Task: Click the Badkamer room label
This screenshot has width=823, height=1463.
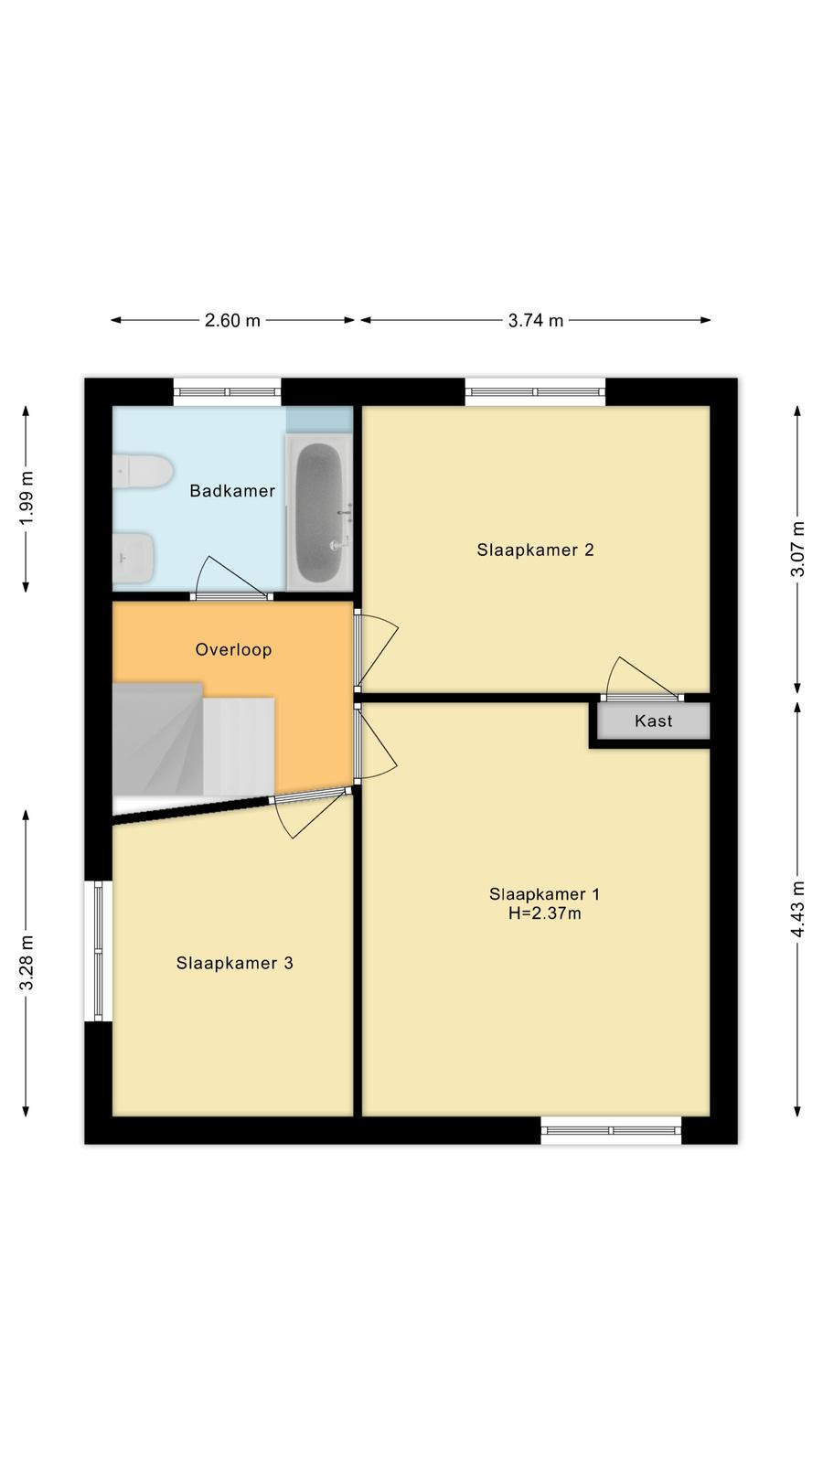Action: [x=232, y=490]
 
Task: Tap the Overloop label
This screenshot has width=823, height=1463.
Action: [x=233, y=650]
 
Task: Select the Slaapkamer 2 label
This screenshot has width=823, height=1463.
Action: [x=536, y=550]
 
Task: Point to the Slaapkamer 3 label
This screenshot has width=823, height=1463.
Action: [x=234, y=963]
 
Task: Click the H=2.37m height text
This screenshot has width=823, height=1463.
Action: [x=545, y=913]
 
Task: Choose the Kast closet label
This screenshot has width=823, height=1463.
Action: [x=653, y=721]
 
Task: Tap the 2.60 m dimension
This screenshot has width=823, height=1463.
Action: [x=232, y=321]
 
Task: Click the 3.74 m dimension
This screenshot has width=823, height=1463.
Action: [x=536, y=321]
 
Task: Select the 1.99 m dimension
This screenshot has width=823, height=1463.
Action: [x=27, y=497]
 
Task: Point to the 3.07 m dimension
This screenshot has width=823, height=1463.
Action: [x=797, y=550]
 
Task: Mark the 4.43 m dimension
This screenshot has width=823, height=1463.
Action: [x=797, y=909]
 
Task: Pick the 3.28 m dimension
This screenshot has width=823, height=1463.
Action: [x=27, y=963]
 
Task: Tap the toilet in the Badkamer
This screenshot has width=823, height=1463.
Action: [x=143, y=470]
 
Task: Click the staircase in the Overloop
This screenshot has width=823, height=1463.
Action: [x=193, y=740]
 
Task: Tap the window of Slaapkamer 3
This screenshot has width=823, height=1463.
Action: [x=99, y=950]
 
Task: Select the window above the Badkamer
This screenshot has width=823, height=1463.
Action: [x=228, y=392]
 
